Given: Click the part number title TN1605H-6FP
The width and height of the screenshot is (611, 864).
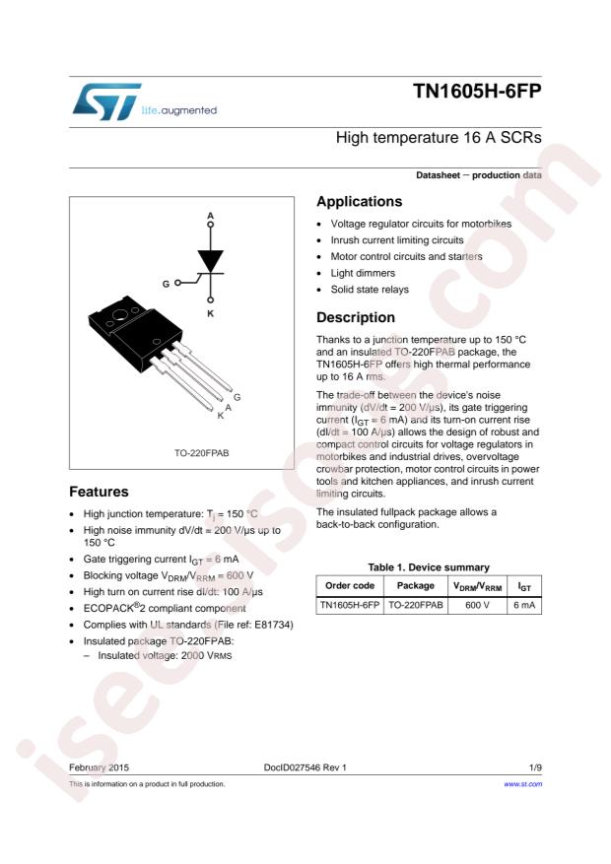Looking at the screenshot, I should click(478, 96).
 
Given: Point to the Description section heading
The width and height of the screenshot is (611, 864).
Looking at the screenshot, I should click(356, 318).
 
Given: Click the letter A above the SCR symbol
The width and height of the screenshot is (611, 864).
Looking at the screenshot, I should click(210, 215).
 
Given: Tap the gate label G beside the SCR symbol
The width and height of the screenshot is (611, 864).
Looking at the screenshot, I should click(166, 284).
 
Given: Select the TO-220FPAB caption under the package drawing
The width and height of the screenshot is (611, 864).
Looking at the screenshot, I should click(181, 455).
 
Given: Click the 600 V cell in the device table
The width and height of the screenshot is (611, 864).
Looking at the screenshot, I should click(478, 605).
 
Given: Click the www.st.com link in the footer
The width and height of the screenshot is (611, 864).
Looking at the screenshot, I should click(523, 784).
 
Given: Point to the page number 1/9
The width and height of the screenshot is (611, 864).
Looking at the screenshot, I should click(535, 765).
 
